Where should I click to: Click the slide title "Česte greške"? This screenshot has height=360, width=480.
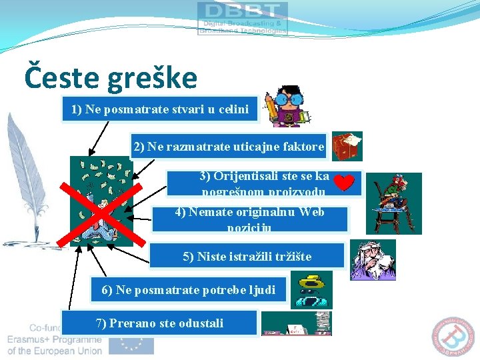click(x=111, y=77)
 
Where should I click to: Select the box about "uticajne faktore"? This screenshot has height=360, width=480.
click(x=229, y=146)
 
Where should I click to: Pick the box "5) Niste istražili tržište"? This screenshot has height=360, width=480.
click(x=247, y=256)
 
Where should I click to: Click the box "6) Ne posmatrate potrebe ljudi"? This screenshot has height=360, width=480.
click(x=189, y=290)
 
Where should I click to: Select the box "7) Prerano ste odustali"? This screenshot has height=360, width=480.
click(x=159, y=323)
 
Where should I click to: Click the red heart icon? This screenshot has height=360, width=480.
click(x=343, y=182)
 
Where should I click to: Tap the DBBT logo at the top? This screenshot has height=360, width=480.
click(x=243, y=18)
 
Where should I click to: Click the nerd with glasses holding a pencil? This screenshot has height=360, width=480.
click(x=287, y=107)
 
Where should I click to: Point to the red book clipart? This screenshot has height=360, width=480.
click(x=347, y=146)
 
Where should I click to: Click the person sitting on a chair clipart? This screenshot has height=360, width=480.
click(x=397, y=194)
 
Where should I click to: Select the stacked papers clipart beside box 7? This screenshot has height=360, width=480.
click(x=297, y=324)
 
